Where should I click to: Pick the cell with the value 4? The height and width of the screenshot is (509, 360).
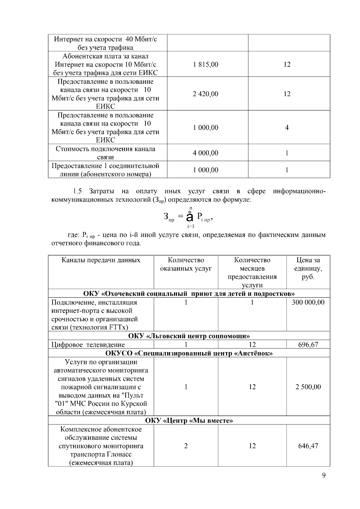tap(287, 128)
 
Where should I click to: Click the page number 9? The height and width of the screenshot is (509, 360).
tap(323, 475)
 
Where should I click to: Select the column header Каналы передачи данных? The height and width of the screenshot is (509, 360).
tap(101, 260)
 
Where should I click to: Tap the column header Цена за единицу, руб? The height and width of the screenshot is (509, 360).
tap(308, 268)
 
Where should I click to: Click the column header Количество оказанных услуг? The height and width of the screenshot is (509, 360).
tap(186, 264)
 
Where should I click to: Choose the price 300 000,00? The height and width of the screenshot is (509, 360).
tap(308, 302)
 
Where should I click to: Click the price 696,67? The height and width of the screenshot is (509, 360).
tap(308, 345)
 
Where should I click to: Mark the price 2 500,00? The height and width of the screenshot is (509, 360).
tap(308, 387)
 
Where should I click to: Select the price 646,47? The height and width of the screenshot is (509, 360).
tap(308, 446)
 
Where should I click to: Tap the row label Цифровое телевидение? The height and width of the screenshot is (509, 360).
tap(88, 345)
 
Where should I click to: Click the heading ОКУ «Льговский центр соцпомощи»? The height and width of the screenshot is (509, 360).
tap(189, 336)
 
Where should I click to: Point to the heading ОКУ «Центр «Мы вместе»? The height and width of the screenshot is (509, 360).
tap(189, 421)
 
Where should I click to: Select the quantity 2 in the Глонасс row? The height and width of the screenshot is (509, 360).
tap(186, 446)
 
